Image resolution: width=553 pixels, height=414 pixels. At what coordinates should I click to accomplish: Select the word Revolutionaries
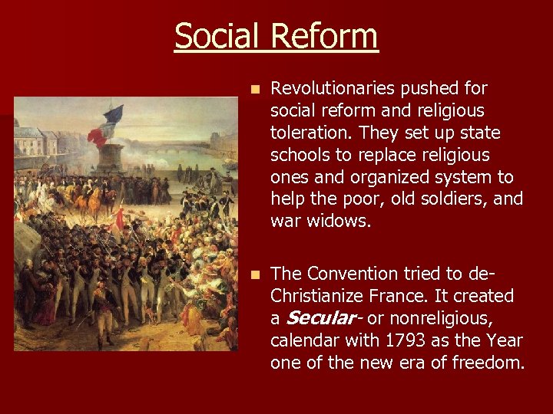[340, 88]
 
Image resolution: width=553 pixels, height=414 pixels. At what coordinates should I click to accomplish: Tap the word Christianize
[316, 296]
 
